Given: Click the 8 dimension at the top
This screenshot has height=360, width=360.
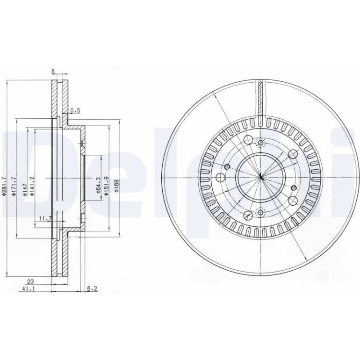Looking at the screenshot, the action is coord(53,72).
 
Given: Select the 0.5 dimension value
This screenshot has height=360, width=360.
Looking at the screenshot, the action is coord(75,111).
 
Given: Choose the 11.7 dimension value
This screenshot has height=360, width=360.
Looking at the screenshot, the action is coord(45,219).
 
